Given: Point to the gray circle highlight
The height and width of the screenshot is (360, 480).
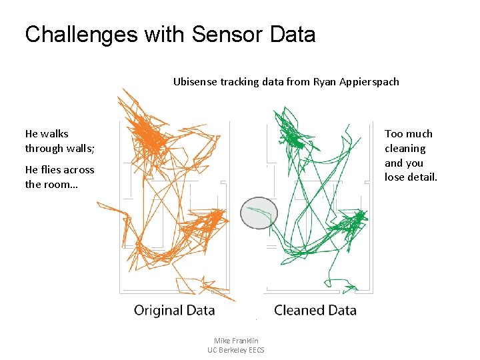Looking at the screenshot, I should pyautogui.click(x=258, y=213).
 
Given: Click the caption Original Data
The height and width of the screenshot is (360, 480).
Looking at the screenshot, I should pyautogui.click(x=174, y=310).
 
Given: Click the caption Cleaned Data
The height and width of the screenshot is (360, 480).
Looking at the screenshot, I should pyautogui.click(x=315, y=310).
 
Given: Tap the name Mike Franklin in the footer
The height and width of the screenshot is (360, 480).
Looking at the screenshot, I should pyautogui.click(x=236, y=340).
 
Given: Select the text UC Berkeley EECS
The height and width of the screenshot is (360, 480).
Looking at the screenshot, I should pyautogui.click(x=236, y=350).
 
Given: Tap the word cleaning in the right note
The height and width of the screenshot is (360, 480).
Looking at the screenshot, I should pyautogui.click(x=405, y=149).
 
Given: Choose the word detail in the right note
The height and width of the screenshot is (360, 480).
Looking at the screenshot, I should pyautogui.click(x=423, y=177).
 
